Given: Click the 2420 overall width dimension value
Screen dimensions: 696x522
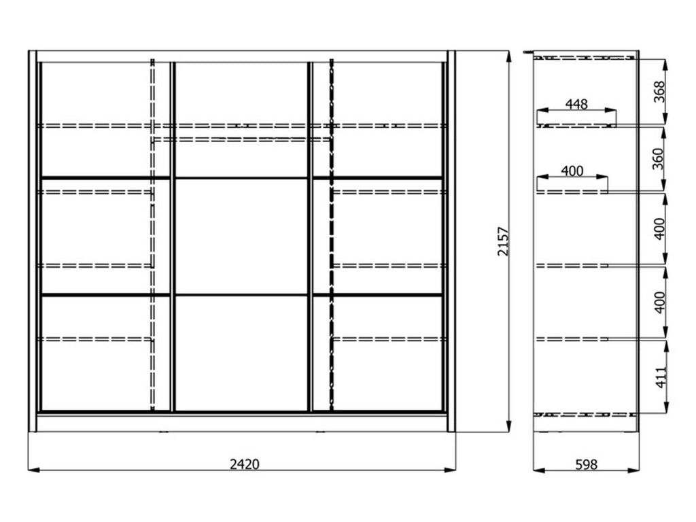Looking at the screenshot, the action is pyautogui.click(x=245, y=464).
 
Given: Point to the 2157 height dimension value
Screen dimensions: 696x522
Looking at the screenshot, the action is pyautogui.click(x=503, y=241).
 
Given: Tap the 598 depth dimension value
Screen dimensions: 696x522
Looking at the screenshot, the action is pyautogui.click(x=587, y=465).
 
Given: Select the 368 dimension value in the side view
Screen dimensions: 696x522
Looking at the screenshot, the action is pyautogui.click(x=659, y=92).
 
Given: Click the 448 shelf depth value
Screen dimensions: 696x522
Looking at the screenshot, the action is pyautogui.click(x=576, y=104).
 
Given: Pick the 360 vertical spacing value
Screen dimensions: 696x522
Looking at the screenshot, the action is pyautogui.click(x=658, y=159).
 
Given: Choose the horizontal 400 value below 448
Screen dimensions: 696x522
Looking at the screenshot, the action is pyautogui.click(x=572, y=171).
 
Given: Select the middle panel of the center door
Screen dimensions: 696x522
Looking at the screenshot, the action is pyautogui.click(x=241, y=236).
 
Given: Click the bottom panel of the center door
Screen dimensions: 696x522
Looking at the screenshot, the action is pyautogui.click(x=241, y=353).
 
